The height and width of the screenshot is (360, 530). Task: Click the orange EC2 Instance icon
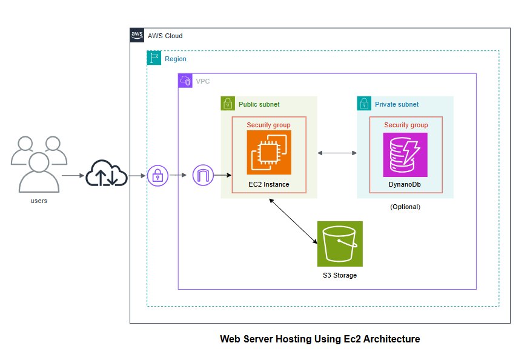click(269, 152)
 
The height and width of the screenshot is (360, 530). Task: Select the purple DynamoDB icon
click(405, 155)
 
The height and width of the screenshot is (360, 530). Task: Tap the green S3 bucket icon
click(340, 244)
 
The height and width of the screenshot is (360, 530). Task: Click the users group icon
click(38, 164)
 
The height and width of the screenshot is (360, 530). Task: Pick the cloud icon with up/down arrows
click(107, 175)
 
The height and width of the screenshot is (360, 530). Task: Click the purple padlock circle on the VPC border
click(157, 176)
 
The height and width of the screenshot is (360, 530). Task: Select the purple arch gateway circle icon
click(203, 176)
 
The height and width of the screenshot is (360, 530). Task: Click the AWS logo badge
click(137, 35)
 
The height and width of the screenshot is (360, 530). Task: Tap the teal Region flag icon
click(154, 58)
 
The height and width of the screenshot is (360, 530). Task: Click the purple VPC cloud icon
click(185, 81)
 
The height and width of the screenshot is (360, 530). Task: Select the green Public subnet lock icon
click(228, 104)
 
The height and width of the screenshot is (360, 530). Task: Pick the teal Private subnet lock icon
click(364, 104)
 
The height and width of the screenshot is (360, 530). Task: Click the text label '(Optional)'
click(405, 207)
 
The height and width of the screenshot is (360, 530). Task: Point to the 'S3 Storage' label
click(340, 275)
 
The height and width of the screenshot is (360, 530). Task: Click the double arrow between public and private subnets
click(337, 153)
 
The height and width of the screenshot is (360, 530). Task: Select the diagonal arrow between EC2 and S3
click(294, 221)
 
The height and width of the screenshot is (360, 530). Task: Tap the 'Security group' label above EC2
click(268, 125)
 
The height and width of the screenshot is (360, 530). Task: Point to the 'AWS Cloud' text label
click(165, 36)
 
